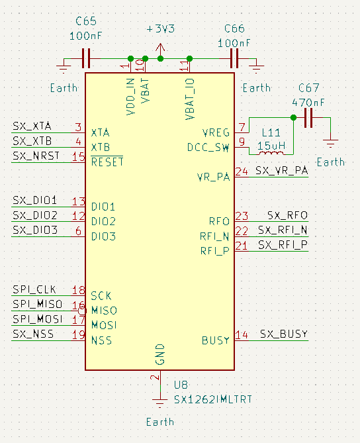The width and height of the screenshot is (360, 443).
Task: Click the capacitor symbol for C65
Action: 86,58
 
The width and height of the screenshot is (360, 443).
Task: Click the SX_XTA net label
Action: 32,126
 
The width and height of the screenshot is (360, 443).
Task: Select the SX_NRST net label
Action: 36,156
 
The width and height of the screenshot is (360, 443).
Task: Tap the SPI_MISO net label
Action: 37,304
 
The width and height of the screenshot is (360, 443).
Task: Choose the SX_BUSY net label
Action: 283,334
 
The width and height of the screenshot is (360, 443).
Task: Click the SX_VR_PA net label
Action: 281,170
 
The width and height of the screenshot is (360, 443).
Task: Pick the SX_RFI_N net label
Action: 283,230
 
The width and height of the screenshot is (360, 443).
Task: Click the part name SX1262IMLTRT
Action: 212,399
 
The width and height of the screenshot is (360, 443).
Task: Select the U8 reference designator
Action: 181,385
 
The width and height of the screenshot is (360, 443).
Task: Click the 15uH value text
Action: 271,145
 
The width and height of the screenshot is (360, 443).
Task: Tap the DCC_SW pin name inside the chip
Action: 208,147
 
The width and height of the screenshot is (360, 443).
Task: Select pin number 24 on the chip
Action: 242,172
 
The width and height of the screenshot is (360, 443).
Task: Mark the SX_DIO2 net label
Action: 34,215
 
